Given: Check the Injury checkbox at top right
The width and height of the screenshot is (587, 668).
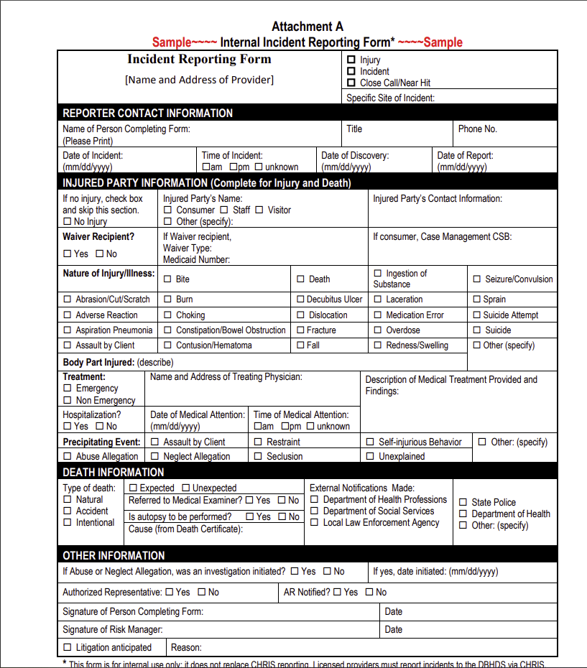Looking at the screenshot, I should click(351, 60).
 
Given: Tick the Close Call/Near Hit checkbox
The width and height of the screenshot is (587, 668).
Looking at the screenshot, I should click(351, 83).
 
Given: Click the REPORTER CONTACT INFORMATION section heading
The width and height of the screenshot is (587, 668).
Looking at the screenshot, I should click(147, 113).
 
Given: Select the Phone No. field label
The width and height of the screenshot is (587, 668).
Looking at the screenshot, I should click(477, 129).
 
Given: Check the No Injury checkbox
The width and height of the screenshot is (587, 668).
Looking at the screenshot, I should click(68, 222).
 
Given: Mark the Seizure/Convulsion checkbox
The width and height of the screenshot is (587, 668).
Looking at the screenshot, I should click(476, 279).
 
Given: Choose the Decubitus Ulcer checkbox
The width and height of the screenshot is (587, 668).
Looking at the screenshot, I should click(301, 300).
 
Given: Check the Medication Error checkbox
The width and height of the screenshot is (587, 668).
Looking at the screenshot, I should click(379, 315).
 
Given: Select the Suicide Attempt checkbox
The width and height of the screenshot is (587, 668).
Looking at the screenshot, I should click(476, 315).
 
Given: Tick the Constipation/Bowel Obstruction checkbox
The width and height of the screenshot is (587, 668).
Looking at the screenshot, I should click(167, 330).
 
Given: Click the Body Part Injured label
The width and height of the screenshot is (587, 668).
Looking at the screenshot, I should click(98, 362).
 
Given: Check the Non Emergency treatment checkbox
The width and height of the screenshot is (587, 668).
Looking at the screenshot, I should click(68, 401).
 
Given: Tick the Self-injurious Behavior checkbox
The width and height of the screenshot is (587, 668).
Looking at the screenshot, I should click(370, 442).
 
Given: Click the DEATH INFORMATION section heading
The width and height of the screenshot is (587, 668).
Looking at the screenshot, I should click(114, 472).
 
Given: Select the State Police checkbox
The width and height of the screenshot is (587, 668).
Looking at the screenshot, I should click(463, 503).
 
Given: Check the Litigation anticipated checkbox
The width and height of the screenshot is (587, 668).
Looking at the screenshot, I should click(68, 648).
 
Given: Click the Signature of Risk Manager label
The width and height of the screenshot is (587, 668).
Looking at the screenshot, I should click(112, 630).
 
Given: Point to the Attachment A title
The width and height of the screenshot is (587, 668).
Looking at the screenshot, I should click(308, 27).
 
